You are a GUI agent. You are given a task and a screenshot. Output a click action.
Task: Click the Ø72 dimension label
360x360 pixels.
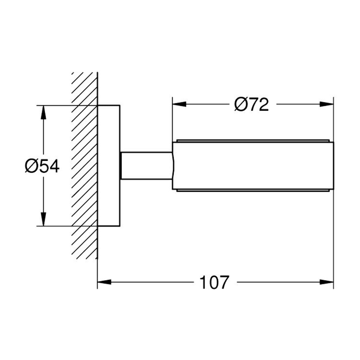251,104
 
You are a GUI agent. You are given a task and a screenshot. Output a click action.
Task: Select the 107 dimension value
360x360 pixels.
214,282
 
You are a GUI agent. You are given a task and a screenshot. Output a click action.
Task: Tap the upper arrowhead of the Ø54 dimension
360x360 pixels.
44,112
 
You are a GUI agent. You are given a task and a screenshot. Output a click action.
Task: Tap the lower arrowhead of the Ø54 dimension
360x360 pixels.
44,219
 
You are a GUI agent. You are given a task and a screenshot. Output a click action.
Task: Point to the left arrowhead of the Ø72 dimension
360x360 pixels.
179,104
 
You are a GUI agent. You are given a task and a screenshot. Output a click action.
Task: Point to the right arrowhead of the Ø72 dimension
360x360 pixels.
326,104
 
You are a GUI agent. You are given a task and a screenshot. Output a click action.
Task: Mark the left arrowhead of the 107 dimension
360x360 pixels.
104,282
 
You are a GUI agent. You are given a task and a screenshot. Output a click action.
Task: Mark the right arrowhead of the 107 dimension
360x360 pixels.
326,282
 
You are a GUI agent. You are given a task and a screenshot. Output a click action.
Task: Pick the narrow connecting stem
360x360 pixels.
146,166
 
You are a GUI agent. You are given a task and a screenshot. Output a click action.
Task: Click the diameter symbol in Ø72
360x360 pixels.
241,104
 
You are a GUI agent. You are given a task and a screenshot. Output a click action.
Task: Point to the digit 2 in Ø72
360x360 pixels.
262,104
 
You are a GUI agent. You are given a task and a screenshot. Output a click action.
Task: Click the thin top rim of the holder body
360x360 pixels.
253,140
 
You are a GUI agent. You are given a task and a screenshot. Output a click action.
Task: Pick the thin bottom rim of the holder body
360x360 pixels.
253,190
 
